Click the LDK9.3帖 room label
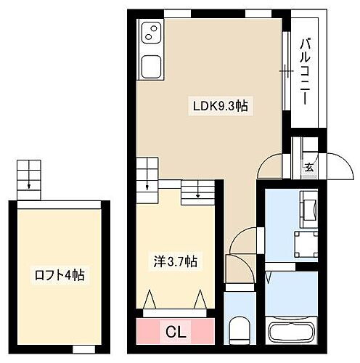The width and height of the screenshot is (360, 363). (221, 106)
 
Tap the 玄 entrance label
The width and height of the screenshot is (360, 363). (308, 168)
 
